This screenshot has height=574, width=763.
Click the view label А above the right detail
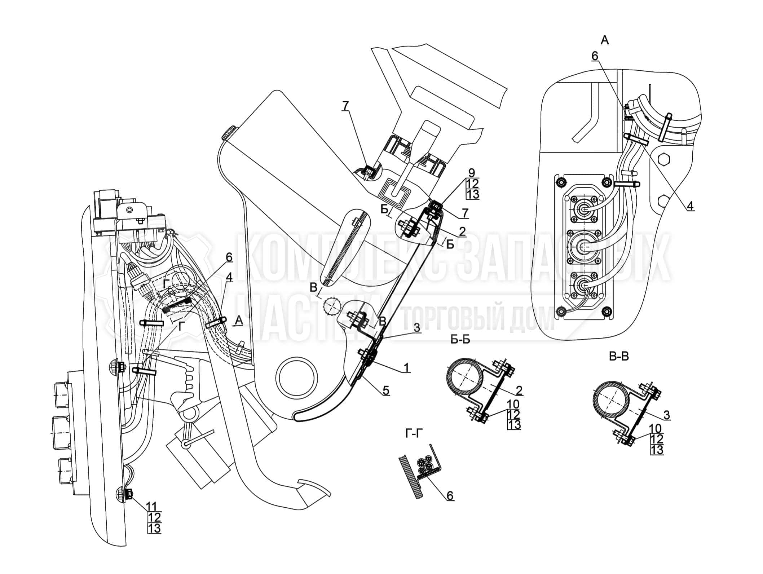tap(605, 40)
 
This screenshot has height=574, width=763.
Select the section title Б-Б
tap(460, 340)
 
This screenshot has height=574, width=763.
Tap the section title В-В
tap(618, 357)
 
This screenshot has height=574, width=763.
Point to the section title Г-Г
tap(413, 434)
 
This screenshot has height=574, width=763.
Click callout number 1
tap(406, 368)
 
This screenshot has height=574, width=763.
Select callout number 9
tap(472, 173)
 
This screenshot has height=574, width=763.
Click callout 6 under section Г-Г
tap(450, 496)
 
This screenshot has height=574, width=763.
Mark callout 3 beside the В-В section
tap(666, 415)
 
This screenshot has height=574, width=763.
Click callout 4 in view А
tap(689, 206)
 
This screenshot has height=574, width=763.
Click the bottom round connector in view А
tap(582, 287)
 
